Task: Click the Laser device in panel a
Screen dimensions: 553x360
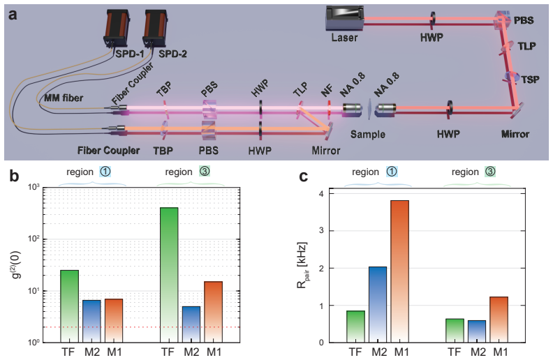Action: pyautogui.click(x=344, y=17)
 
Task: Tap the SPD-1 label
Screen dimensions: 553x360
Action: pyautogui.click(x=130, y=54)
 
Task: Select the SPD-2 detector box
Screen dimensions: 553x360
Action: pyautogui.click(x=155, y=28)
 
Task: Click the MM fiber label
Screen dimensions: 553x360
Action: pyautogui.click(x=64, y=98)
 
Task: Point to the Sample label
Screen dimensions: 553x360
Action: pyautogui.click(x=367, y=134)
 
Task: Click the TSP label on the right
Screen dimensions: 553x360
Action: pyautogui.click(x=531, y=80)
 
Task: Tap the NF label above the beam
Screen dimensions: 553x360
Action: pyautogui.click(x=327, y=91)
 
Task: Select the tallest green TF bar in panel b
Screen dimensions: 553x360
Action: pyautogui.click(x=169, y=275)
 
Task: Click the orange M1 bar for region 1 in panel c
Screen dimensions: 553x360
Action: pyautogui.click(x=399, y=271)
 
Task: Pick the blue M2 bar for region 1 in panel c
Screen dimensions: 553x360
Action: pyautogui.click(x=377, y=304)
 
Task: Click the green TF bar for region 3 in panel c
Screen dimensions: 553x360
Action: pyautogui.click(x=455, y=331)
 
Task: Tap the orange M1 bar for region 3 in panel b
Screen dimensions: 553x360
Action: pyautogui.click(x=214, y=312)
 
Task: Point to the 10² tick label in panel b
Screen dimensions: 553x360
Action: pyautogui.click(x=34, y=239)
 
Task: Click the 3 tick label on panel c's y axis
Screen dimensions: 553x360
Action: pyautogui.click(x=321, y=231)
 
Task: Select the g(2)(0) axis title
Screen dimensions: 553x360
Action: pyautogui.click(x=16, y=264)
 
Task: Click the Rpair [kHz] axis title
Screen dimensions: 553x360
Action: pyautogui.click(x=302, y=265)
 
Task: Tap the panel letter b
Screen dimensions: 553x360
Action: pyautogui.click(x=14, y=175)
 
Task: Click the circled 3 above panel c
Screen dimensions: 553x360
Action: pyautogui.click(x=490, y=172)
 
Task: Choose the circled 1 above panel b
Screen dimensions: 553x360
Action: pyautogui.click(x=105, y=172)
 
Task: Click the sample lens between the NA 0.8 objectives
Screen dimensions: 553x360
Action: pyautogui.click(x=369, y=109)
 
